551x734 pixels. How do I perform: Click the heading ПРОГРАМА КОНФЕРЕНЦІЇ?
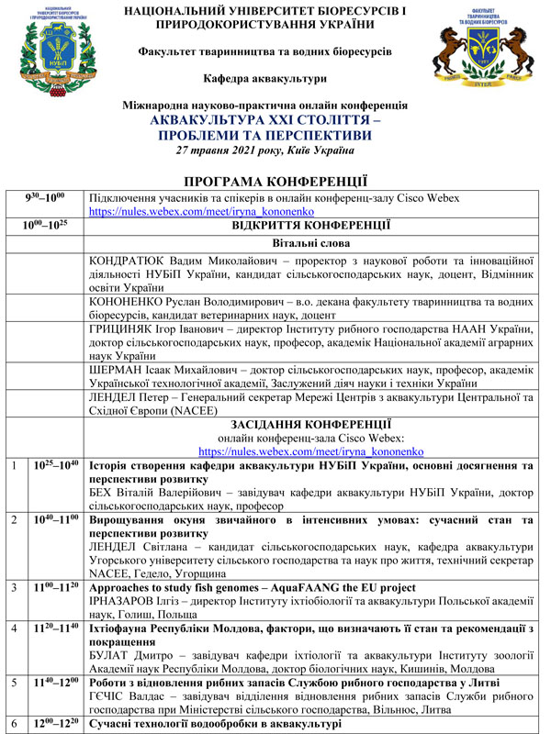(275, 182)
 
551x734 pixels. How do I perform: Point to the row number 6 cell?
(13, 725)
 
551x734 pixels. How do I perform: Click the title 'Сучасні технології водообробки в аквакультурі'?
(215, 725)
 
